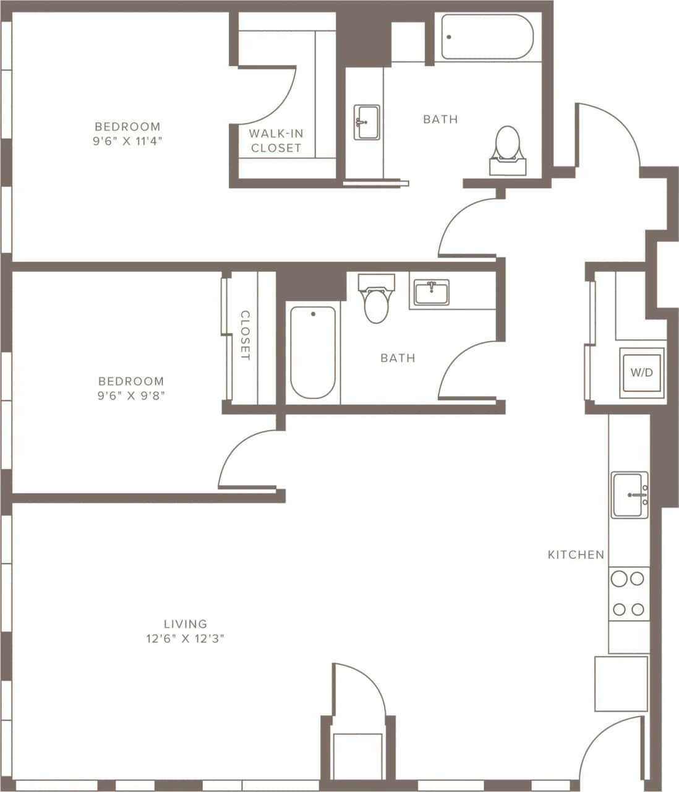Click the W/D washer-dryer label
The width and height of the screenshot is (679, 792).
click(641, 372)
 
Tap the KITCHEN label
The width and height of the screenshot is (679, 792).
click(576, 555)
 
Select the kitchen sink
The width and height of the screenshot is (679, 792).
click(630, 495)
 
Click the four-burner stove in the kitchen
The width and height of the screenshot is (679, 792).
click(628, 595)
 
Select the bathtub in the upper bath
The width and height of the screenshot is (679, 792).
click(487, 37)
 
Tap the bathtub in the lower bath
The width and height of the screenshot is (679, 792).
click(314, 352)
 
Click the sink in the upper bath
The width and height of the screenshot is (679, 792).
click(367, 123)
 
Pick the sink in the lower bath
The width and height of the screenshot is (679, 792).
click(432, 291)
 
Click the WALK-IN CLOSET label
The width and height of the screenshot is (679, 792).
click(276, 140)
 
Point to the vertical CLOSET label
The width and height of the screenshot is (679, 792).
click(245, 336)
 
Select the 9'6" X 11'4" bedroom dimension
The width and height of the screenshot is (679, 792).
click(127, 141)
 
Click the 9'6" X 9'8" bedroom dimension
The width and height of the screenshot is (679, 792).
click(130, 395)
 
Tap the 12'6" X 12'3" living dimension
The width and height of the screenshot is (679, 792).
click(185, 639)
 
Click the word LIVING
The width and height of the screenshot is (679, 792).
click(185, 624)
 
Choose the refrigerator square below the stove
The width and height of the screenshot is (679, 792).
click(621, 684)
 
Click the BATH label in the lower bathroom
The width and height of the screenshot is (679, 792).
click(398, 358)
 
